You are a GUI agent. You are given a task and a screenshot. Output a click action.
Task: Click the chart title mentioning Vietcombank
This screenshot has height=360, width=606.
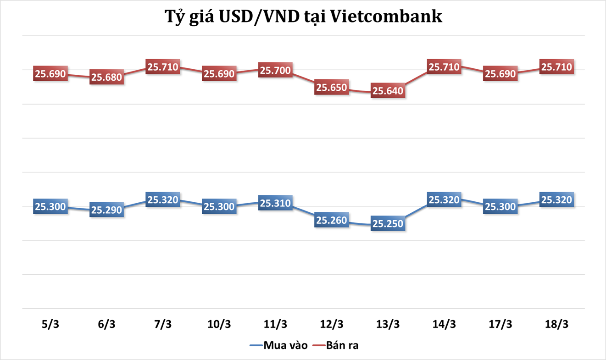(303, 17)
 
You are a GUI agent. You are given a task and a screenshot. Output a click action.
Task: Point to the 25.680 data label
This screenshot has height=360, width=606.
(106, 77)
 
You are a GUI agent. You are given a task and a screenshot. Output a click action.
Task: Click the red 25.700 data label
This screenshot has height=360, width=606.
(275, 70)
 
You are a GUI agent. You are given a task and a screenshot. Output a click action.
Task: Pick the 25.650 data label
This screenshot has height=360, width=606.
(332, 87)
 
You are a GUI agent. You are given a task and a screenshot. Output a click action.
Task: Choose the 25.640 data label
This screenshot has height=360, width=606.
(388, 91)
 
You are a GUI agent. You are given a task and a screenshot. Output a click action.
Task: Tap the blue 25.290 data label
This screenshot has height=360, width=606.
(106, 210)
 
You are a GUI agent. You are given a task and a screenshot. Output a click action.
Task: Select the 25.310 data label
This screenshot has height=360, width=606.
(275, 203)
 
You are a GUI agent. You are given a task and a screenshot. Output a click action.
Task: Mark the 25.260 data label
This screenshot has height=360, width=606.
(332, 220)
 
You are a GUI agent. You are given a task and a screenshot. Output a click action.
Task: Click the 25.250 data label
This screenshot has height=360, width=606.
(388, 224)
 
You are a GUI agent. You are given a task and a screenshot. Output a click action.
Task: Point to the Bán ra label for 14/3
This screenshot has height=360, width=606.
(444, 67)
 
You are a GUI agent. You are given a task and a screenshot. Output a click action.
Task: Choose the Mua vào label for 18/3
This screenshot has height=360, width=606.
(556, 200)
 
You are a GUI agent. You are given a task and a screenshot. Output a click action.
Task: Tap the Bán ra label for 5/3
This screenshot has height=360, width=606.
(50, 73)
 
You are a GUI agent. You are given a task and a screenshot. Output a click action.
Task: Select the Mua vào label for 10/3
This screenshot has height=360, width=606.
(219, 207)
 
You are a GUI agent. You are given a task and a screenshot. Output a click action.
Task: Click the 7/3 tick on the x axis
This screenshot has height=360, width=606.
(163, 324)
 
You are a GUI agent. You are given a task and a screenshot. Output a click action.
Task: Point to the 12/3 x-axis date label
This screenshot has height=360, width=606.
(332, 324)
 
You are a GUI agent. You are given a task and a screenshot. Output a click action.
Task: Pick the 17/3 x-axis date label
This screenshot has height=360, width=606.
(500, 324)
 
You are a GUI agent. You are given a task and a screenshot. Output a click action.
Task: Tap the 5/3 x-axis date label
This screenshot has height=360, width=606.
(50, 324)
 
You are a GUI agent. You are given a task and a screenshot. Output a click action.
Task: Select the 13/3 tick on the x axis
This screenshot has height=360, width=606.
(388, 324)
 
